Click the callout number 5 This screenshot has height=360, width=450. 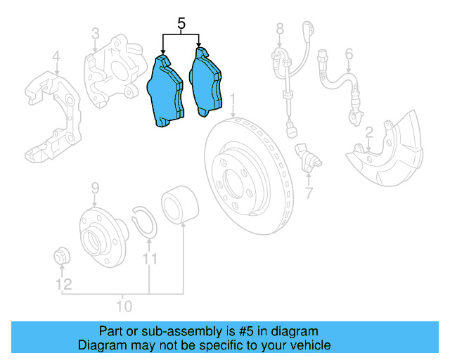pos(181,25)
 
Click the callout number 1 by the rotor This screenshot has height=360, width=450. pos(233,99)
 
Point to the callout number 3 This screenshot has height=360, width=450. pos(96,33)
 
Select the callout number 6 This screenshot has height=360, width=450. pos(348,53)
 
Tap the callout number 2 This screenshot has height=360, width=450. pos(368,132)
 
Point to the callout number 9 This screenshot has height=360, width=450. pos(96,188)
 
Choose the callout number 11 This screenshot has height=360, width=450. pos(148,260)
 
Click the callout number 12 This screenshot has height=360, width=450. pos(64,284)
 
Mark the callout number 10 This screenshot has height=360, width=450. pos(123,306)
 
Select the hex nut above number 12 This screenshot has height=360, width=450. pos(61,256)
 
